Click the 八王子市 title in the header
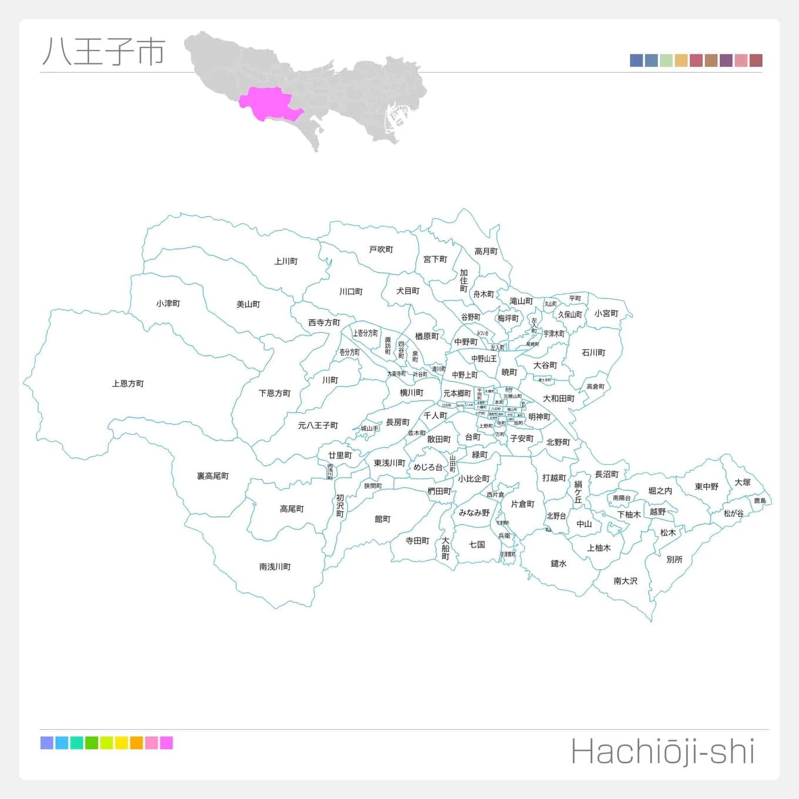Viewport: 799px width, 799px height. point(104,52)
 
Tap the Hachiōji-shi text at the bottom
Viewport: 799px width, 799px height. point(663,753)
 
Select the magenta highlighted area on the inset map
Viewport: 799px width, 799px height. point(267,103)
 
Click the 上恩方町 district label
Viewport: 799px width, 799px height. point(128,384)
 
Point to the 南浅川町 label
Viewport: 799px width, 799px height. point(275,567)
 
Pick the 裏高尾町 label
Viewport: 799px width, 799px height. point(213,476)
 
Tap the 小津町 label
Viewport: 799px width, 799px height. point(168,304)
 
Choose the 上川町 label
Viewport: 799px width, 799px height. point(286,261)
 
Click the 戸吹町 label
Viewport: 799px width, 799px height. point(381,250)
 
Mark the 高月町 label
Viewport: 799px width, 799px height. point(486,251)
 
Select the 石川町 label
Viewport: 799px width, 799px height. point(593,352)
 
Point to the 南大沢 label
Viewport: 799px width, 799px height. point(625,581)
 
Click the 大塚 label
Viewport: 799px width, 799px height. point(743,482)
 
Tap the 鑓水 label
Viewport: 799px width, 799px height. point(559,563)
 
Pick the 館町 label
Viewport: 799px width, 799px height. point(382,519)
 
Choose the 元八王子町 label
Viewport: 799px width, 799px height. point(318,425)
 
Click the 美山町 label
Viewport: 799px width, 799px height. point(248,304)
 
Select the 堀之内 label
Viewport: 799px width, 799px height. point(660,491)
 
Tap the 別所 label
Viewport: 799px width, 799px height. point(674,559)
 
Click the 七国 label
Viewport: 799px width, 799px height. point(477,545)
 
